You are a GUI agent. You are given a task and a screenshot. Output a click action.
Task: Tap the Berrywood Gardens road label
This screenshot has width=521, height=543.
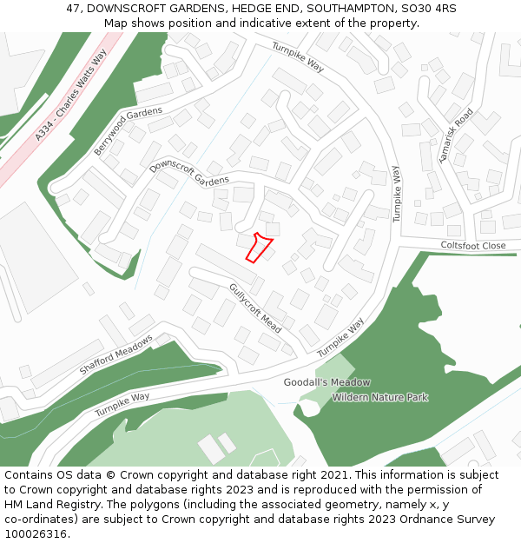pyautogui.click(x=128, y=131)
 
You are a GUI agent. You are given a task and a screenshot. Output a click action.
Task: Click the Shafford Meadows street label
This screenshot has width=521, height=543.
pyautogui.click(x=115, y=354)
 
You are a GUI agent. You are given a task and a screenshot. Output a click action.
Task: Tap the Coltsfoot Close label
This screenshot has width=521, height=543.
pyautogui.click(x=472, y=246)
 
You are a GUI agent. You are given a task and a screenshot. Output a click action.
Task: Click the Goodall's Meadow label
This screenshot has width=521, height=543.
pyautogui.click(x=326, y=382)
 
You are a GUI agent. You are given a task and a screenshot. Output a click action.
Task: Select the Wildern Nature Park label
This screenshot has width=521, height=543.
pyautogui.click(x=379, y=398)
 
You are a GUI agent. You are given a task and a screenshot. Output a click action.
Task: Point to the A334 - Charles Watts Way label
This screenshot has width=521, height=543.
pyautogui.click(x=71, y=96)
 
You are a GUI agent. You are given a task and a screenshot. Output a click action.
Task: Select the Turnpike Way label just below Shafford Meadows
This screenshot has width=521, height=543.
pyautogui.click(x=122, y=402)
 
